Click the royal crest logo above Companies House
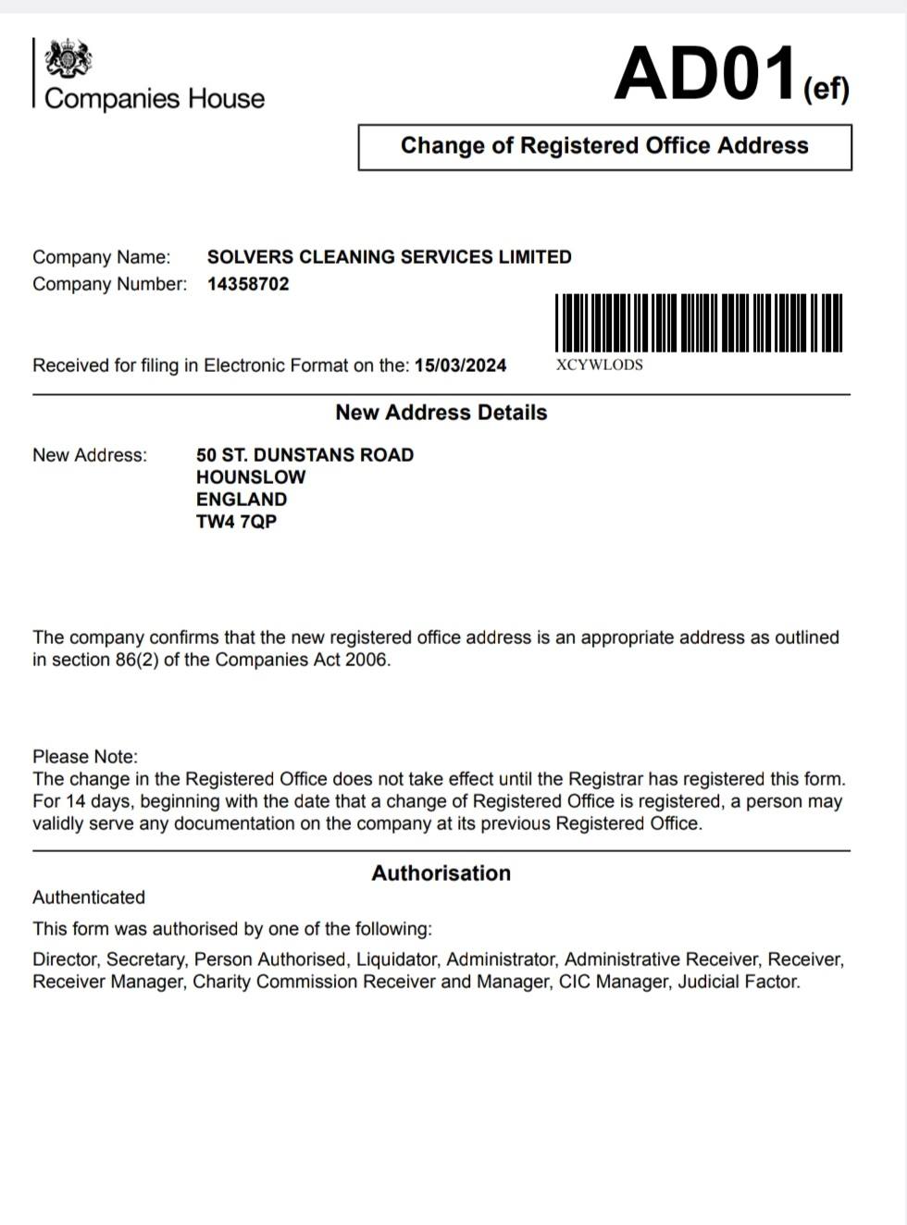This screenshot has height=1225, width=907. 68,59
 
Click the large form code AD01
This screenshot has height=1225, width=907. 705,74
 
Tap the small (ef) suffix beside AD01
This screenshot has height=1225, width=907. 826,89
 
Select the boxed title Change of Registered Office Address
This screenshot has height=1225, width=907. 604,146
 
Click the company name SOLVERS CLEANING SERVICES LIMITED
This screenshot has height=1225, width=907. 389,257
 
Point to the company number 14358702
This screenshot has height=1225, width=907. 248,284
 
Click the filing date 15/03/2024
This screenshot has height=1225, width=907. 460,365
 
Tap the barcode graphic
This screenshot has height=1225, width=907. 699,322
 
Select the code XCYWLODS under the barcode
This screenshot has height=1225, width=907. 599,365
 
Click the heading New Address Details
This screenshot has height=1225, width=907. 441,413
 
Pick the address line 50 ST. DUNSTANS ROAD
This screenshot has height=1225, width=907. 304,455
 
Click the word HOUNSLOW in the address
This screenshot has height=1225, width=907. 251,477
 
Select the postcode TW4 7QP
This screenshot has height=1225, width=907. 236,522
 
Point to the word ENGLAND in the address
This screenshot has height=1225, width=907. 242,500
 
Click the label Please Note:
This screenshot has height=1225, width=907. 85,757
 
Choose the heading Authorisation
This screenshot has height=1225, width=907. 441,873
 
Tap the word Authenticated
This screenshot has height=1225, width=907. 89,897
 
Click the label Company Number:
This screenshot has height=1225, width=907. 109,284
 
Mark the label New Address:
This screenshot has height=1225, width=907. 90,455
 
